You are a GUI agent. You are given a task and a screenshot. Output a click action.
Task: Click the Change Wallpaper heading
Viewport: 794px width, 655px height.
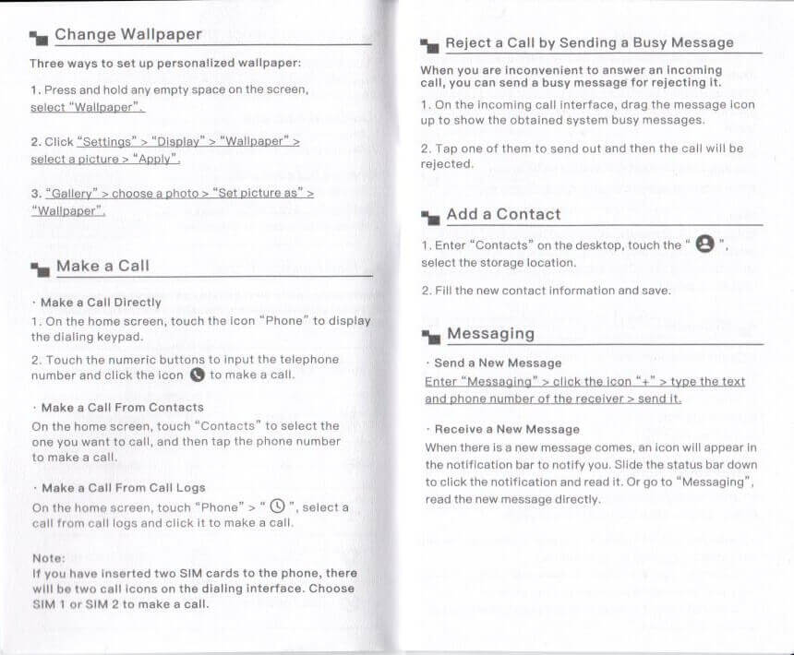click(x=127, y=35)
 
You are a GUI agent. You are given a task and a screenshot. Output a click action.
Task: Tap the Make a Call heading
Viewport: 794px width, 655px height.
click(x=102, y=266)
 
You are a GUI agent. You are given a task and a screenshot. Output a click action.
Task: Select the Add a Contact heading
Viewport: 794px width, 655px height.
click(x=503, y=214)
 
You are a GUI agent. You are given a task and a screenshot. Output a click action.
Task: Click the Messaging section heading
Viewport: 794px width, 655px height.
click(x=490, y=333)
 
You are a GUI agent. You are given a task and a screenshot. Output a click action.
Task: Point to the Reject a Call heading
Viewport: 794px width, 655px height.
click(x=589, y=42)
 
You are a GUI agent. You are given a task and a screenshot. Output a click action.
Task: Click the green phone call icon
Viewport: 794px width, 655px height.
click(x=197, y=375)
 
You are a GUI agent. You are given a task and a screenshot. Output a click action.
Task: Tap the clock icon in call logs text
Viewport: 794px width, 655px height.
click(x=275, y=507)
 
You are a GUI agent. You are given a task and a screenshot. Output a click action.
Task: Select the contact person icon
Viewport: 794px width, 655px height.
click(x=704, y=245)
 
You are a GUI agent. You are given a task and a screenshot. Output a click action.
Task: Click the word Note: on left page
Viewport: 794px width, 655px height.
click(x=48, y=558)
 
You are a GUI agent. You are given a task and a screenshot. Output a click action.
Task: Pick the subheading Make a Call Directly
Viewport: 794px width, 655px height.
click(x=101, y=303)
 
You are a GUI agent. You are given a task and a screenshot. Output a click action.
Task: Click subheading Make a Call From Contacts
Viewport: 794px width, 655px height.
click(x=122, y=407)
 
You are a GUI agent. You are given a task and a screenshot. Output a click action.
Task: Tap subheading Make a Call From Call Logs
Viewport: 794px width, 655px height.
click(x=123, y=488)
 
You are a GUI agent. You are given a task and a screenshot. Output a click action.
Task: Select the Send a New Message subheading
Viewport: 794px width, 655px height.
click(x=498, y=363)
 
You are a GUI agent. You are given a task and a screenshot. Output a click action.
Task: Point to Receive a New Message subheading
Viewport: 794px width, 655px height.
click(x=507, y=429)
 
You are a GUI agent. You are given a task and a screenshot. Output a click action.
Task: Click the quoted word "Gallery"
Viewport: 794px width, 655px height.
click(x=71, y=194)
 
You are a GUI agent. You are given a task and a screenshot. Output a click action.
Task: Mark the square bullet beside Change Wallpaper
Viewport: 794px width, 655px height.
click(x=38, y=38)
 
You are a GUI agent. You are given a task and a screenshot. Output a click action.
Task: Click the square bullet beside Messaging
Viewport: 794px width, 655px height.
click(x=429, y=336)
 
